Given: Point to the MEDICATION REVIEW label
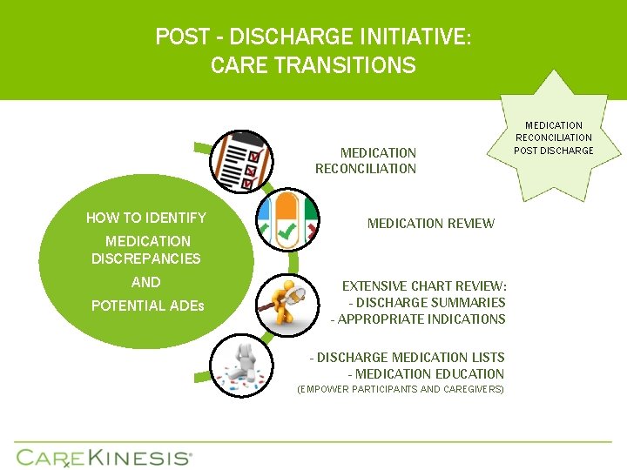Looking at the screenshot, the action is [430, 224].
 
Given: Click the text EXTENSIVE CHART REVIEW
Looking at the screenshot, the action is [424, 286].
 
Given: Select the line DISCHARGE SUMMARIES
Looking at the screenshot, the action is [427, 303].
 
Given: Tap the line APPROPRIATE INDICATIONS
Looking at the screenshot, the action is [418, 319].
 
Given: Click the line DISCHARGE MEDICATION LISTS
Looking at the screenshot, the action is [408, 358].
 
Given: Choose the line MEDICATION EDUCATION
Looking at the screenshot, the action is [426, 374].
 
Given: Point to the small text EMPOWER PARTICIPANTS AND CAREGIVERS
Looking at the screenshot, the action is [401, 389].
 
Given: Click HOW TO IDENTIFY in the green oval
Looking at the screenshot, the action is [146, 218].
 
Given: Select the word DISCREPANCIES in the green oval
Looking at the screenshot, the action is [146, 258].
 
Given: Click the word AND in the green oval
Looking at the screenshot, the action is [146, 282].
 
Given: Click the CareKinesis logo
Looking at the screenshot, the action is [104, 457].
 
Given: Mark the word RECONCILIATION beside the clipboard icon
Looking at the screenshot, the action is [366, 169].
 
